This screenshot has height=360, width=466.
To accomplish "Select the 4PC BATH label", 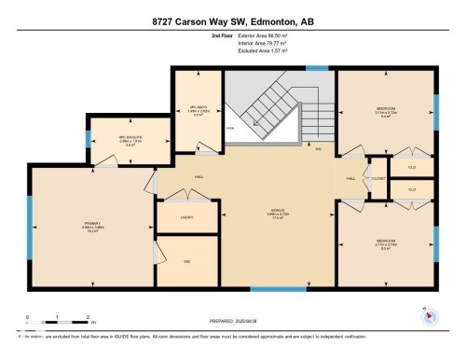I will coord(196,107).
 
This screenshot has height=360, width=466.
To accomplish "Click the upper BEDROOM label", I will coord(385,110).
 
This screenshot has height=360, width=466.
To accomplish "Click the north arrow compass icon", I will coord(430,315).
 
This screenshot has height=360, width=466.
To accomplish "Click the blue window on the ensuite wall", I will coord(89,140).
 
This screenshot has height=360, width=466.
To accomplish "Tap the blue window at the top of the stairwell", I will coord(318,68).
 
